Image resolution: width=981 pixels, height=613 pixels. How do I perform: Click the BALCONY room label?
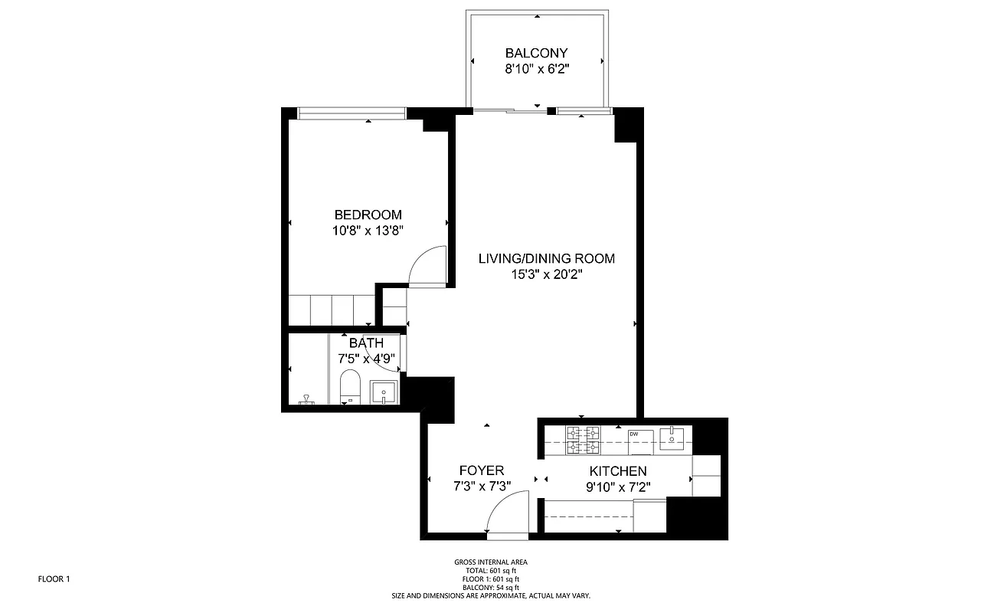tap(536, 53)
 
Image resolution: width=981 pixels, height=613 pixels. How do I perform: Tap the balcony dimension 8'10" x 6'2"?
tap(536, 68)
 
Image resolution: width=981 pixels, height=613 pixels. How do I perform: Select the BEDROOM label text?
tap(368, 215)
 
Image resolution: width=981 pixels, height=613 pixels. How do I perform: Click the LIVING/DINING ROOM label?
tap(546, 258)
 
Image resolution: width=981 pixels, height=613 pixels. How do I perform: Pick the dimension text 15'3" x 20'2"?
tap(546, 274)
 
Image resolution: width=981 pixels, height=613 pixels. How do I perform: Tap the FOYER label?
tap(481, 470)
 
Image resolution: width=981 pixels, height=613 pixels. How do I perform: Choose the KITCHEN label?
tap(617, 471)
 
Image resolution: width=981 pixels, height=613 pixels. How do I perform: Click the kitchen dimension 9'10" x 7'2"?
tap(617, 486)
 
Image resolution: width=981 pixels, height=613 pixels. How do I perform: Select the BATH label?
tap(366, 343)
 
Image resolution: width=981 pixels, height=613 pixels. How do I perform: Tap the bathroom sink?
tap(383, 392)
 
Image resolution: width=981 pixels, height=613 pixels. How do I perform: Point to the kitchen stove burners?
tap(583, 439)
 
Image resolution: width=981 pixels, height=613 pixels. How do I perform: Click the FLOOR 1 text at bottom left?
tap(54, 579)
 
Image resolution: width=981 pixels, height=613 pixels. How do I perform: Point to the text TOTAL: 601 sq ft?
tap(490, 570)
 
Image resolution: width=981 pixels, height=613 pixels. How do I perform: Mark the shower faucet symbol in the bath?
tap(306, 398)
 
